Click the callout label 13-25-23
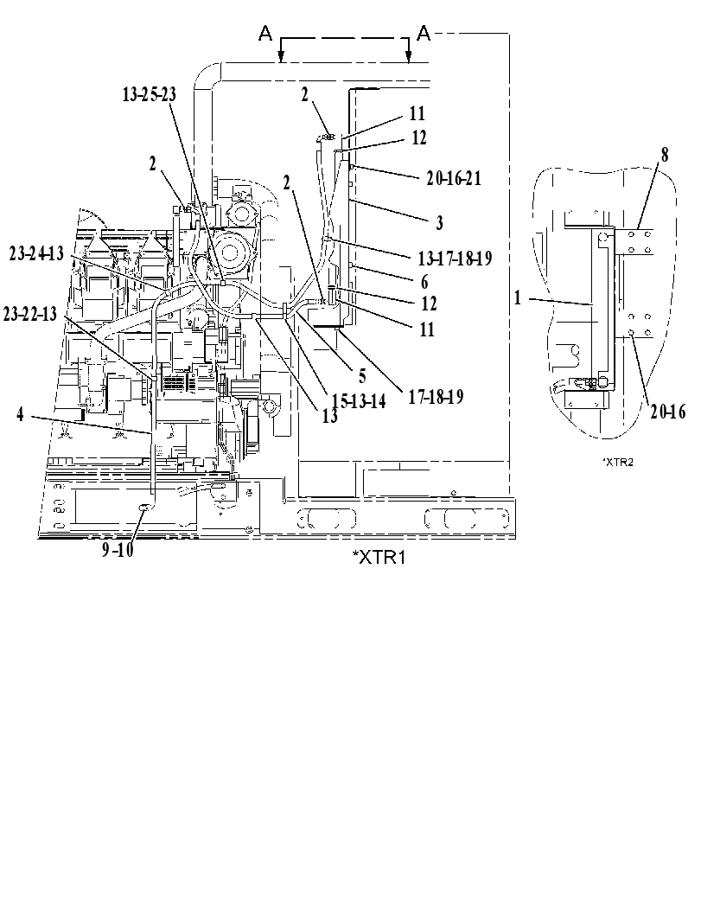pos(149,95)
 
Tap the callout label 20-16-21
pos(454,178)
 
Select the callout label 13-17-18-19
pos(456,257)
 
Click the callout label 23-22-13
pos(30,314)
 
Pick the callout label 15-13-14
pos(359,400)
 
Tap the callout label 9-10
pos(118,549)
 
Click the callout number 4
pos(21,415)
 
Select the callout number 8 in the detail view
pos(665,155)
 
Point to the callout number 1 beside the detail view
pos(518,297)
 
